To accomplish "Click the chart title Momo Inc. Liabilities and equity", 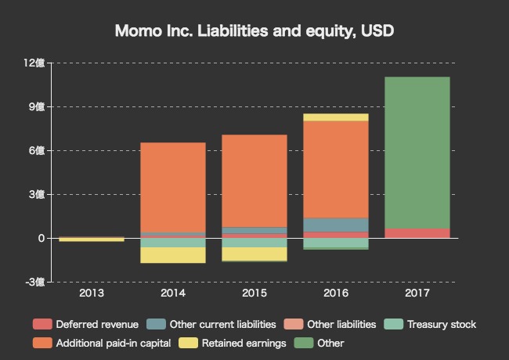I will (254, 31).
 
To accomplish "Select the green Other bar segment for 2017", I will (417, 153).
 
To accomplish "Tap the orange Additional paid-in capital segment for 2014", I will (173, 187).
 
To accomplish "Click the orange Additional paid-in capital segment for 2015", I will (254, 181).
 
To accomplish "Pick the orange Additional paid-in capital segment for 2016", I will (336, 169).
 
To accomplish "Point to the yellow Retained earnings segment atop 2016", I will (336, 117).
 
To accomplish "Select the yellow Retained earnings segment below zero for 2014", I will (173, 255).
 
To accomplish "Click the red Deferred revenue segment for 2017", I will (417, 233).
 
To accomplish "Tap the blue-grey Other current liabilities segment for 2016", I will (336, 225).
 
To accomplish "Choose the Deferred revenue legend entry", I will (86, 324).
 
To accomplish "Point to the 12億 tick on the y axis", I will (34, 63).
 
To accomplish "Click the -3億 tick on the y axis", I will (34, 282).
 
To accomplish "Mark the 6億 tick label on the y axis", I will (37, 150).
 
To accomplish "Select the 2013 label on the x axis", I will (92, 293).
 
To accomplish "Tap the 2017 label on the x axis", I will (417, 293).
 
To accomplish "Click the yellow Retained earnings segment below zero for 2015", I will (254, 254).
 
